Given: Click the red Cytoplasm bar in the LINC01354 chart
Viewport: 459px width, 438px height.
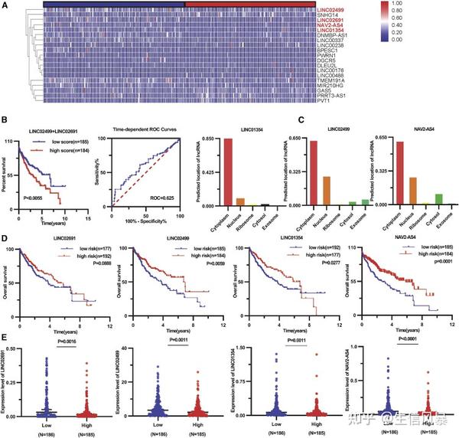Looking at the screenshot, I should click(x=228, y=172).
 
